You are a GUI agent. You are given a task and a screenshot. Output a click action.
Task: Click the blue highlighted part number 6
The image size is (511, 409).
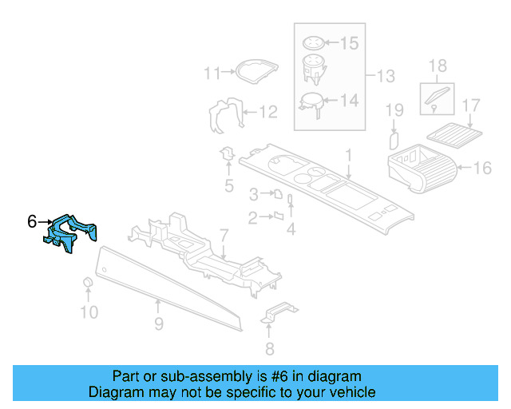click(71, 233)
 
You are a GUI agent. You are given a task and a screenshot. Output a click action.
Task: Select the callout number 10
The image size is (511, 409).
click(89, 312)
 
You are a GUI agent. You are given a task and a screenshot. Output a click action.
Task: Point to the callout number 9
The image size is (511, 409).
click(158, 324)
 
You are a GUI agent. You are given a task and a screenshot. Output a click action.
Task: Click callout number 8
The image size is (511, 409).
click(269, 348)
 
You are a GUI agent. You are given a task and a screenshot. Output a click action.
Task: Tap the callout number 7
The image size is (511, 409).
click(224, 236)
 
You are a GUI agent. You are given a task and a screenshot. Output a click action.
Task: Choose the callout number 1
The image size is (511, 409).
click(348, 153)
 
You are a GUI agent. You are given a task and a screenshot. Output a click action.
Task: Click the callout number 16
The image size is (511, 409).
click(482, 169)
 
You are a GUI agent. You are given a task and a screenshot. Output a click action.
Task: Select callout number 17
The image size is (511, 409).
click(471, 105)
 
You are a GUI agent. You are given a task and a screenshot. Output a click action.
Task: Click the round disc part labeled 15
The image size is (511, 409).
click(315, 43)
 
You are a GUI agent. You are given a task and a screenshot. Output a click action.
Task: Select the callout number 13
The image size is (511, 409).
click(386, 77)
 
